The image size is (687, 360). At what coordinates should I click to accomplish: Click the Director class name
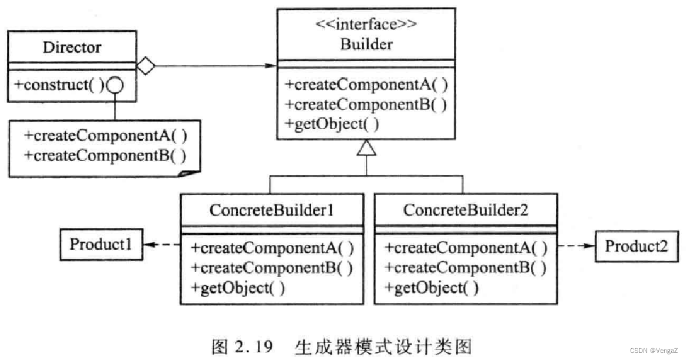pos(72,47)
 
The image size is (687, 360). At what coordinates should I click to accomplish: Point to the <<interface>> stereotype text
pos(366,26)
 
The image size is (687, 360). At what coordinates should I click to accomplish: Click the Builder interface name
pos(366,44)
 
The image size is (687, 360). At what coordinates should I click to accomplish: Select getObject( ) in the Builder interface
pos(332,124)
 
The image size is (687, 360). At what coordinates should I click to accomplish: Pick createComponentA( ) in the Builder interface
pos(366,85)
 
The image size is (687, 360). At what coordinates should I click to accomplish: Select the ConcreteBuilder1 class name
pos(272,210)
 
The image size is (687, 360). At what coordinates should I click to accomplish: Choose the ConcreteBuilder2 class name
pos(466,210)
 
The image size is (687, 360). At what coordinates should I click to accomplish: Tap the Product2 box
pos(637,246)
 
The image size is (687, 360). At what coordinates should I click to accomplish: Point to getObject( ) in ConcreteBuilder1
pos(238,288)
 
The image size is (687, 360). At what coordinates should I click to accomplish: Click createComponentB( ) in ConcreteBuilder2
pos(466,268)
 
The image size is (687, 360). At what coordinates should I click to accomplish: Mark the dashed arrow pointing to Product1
pos(161,245)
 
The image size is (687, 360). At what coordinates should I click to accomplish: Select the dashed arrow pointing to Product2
pos(576,247)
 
